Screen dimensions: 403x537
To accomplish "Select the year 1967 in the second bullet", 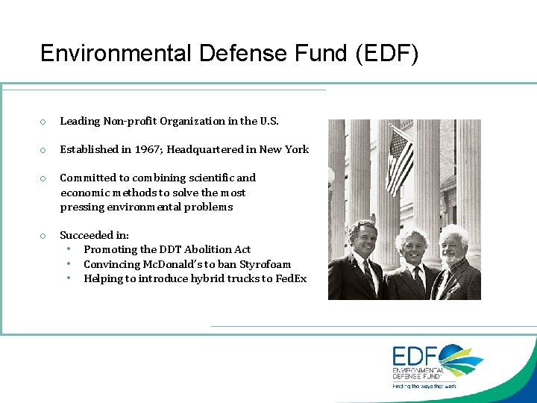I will (x=148, y=149).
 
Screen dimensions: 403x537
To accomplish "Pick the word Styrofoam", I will (x=266, y=264).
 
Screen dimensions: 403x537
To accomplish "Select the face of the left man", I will (x=362, y=238).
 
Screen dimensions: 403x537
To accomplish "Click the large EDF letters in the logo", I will (x=416, y=356).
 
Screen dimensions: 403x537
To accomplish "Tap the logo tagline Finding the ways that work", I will (x=424, y=386).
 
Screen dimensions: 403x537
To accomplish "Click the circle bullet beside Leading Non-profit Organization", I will (x=44, y=122).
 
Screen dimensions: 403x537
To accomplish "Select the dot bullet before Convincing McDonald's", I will (x=69, y=263).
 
